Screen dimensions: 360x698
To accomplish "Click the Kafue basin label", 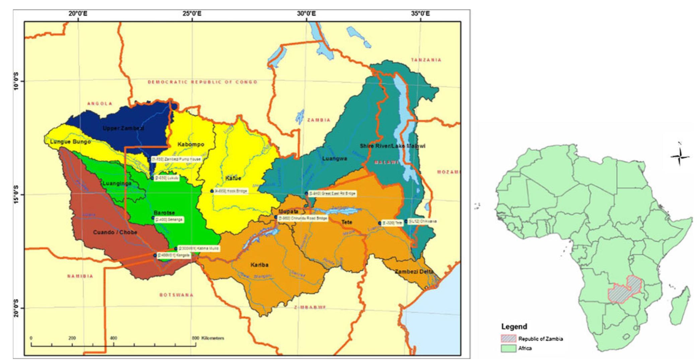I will pos(233,178).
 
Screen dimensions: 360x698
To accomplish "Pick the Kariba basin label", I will pos(259,265).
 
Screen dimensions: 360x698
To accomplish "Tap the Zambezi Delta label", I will pos(414,272).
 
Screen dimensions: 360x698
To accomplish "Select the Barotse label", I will pos(164,213).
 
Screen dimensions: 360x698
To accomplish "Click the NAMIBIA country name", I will pos(80,276).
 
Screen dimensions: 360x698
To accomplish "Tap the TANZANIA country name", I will pos(426,60).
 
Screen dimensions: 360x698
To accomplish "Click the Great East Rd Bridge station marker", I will pos(306,194).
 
